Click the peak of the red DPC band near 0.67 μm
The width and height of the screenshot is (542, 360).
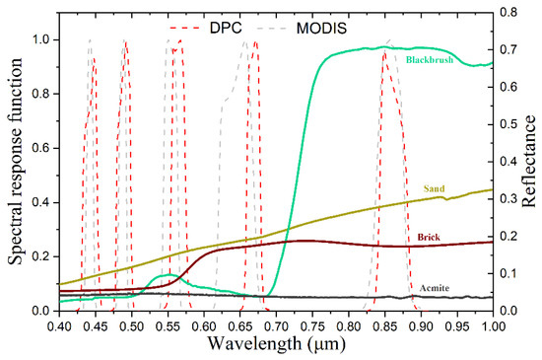point(254,42)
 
